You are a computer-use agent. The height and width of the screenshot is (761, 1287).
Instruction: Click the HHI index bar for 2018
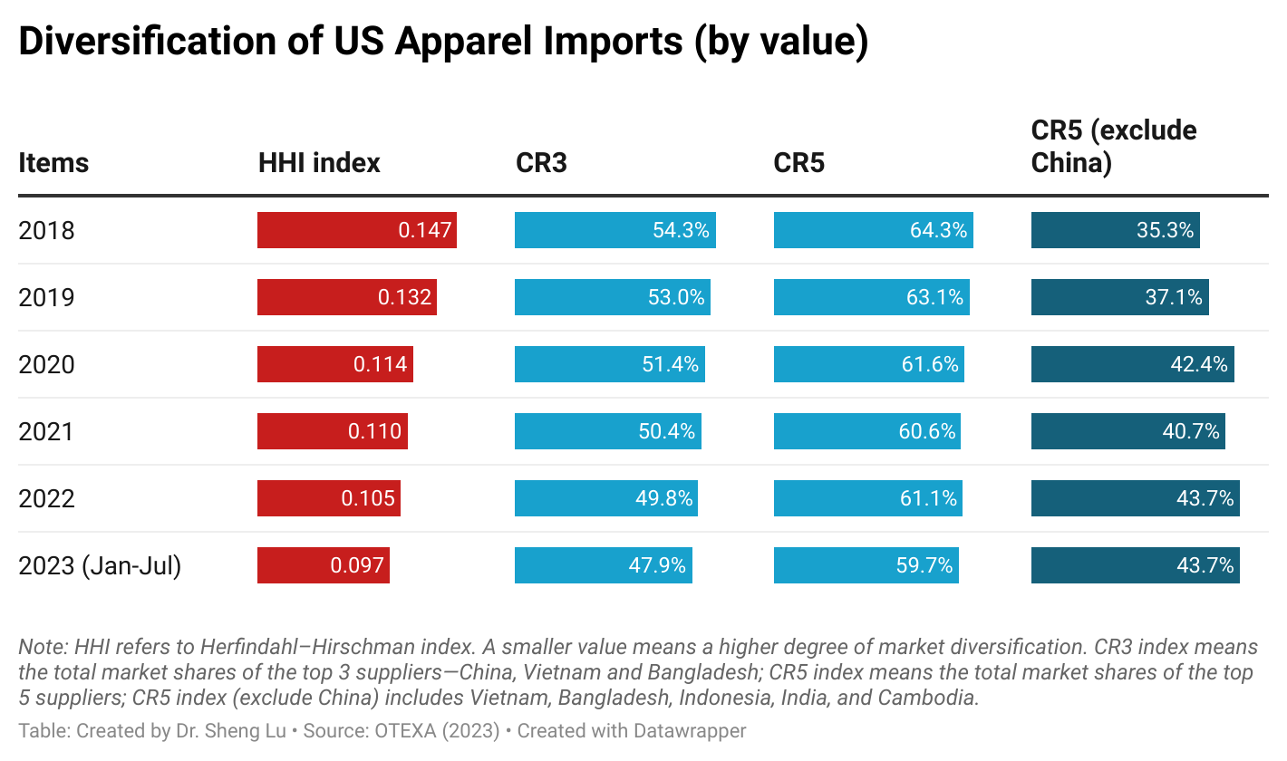(356, 230)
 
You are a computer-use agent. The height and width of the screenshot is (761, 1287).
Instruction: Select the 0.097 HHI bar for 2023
(323, 565)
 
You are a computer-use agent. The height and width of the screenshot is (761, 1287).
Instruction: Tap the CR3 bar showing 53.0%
(612, 297)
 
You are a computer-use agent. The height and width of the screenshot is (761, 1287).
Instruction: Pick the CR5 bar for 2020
(868, 364)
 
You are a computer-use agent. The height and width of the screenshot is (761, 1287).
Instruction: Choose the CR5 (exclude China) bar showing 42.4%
(1132, 364)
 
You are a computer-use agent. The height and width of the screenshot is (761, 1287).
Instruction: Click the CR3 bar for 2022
(605, 498)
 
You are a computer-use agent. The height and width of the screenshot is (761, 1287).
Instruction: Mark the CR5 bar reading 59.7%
(866, 565)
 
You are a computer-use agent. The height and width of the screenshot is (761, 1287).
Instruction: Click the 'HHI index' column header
(319, 163)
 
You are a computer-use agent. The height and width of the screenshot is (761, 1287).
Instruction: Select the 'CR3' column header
(541, 163)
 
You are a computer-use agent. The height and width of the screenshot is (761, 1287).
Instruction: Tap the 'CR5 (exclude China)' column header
(1114, 147)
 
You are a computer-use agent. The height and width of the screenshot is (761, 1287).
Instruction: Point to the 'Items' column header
(53, 163)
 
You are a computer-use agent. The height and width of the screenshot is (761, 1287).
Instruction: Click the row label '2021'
(46, 431)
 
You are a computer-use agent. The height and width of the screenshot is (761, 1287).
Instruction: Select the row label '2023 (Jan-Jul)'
(100, 565)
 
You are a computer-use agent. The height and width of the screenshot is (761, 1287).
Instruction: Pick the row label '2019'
(46, 297)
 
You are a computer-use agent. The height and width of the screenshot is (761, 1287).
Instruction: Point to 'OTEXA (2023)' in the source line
(437, 731)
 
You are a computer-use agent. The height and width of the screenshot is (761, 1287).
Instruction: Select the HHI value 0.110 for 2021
(374, 431)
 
